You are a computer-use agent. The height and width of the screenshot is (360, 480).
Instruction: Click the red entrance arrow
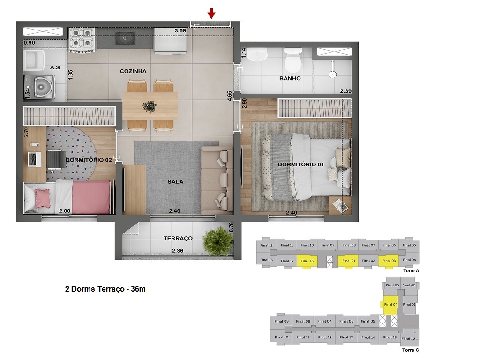pyautogui.click(x=211, y=13)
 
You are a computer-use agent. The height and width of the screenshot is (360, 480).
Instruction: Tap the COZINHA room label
pyautogui.click(x=133, y=71)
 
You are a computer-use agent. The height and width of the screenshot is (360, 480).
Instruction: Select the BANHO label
pyautogui.click(x=290, y=78)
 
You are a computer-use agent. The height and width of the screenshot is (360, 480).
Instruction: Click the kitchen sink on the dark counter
pyautogui.click(x=125, y=38)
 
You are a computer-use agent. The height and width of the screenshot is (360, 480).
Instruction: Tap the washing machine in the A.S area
pyautogui.click(x=41, y=87)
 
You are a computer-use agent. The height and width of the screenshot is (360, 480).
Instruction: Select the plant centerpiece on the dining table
pyautogui.click(x=150, y=106)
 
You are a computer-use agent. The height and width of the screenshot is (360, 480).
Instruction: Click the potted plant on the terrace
pyautogui.click(x=218, y=241)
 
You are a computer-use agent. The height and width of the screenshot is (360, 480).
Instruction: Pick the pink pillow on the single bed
pyautogui.click(x=43, y=197)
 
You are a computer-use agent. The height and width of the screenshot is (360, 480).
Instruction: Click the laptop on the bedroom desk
pyautogui.click(x=35, y=159)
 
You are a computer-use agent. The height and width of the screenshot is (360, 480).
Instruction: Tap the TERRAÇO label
pyautogui.click(x=178, y=238)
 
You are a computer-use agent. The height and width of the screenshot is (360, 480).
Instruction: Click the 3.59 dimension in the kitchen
pyautogui.click(x=180, y=31)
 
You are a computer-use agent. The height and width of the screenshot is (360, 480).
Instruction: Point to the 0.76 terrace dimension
pyautogui.click(x=232, y=228)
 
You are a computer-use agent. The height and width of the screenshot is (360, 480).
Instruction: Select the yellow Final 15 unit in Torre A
pyautogui.click(x=307, y=261)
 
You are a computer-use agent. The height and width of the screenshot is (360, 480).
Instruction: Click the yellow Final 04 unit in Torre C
pyautogui.click(x=390, y=304)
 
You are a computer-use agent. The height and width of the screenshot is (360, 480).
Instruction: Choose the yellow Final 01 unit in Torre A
pyautogui.click(x=349, y=261)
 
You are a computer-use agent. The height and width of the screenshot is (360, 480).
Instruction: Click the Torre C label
pyautogui.click(x=410, y=350)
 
